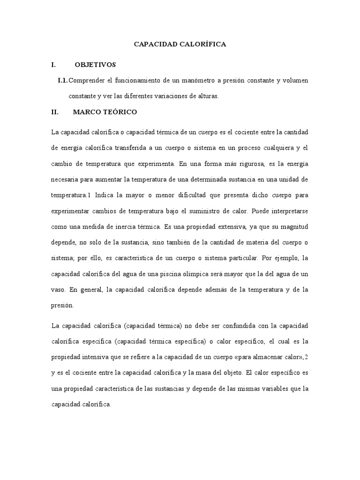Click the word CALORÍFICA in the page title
[x=204, y=44]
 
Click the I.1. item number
[x=62, y=81]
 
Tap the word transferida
[x=149, y=148]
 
